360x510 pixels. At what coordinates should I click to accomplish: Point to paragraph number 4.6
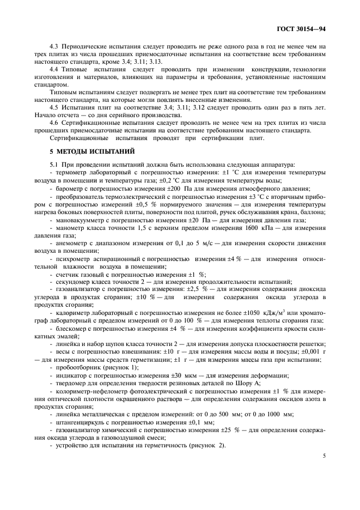point(54,124)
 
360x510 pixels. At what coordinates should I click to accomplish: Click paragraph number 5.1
point(54,164)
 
